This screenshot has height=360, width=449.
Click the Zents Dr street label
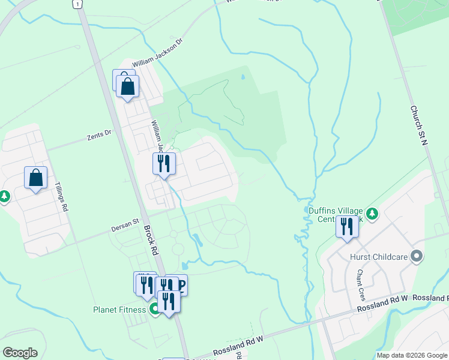click(99, 134)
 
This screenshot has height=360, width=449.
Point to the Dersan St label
click(124, 229)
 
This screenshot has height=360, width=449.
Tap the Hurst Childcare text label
click(379, 257)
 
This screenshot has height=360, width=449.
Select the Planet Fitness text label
click(119, 310)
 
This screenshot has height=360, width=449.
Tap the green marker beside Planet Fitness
click(154, 310)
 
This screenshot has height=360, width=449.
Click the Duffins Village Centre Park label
click(336, 215)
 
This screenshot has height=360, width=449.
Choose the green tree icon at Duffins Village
click(372, 214)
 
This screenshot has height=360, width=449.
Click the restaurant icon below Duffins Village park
click(347, 226)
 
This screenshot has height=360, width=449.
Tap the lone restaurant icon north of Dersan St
click(163, 163)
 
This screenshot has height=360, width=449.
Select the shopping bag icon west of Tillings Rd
click(35, 178)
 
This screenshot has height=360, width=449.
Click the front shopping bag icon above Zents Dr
click(128, 86)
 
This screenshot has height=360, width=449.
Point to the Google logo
click(20, 353)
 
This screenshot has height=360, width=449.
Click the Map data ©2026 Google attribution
click(411, 355)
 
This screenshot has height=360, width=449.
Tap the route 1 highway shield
click(76, 4)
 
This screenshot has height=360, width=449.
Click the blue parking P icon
click(179, 284)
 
